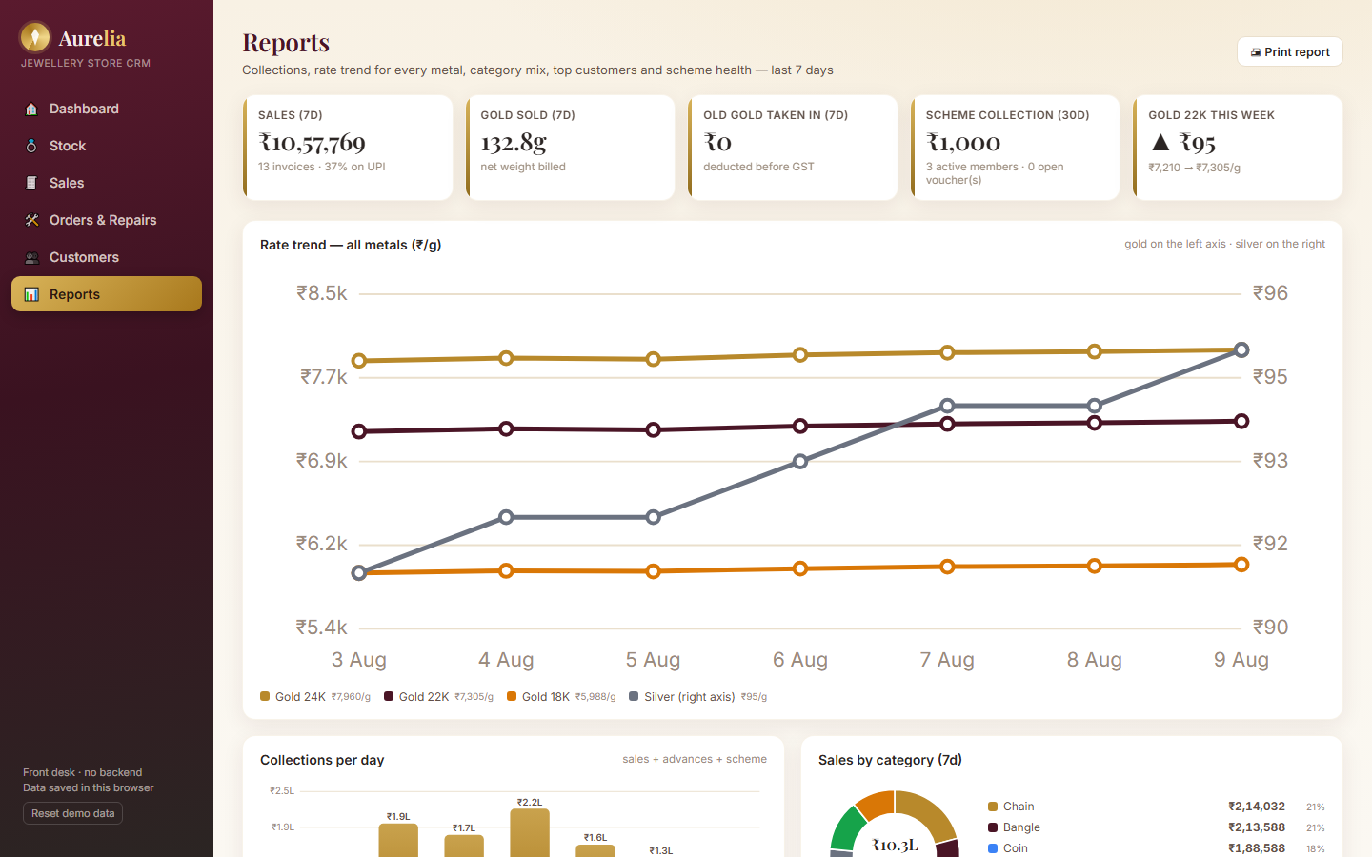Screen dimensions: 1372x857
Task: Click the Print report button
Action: point(1289,52)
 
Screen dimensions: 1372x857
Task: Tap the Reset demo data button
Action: point(72,813)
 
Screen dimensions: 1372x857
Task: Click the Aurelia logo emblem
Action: point(35,37)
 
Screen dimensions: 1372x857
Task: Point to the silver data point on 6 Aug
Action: point(800,462)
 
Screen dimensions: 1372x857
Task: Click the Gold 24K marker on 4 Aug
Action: point(506,358)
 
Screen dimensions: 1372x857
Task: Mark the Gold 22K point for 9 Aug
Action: point(1241,421)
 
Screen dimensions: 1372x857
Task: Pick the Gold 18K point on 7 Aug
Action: point(947,567)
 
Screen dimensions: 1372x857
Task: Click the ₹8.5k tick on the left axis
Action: point(322,293)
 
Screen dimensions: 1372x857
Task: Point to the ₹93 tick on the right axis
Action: point(1270,460)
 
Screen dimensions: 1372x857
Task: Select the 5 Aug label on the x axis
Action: point(653,659)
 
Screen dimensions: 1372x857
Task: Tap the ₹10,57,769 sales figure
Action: point(312,143)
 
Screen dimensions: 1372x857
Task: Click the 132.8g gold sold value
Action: point(514,143)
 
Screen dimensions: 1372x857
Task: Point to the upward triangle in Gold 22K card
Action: point(1160,143)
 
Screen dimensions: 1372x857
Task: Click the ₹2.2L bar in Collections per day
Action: point(530,833)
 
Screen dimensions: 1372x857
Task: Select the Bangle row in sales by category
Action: point(1156,827)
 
